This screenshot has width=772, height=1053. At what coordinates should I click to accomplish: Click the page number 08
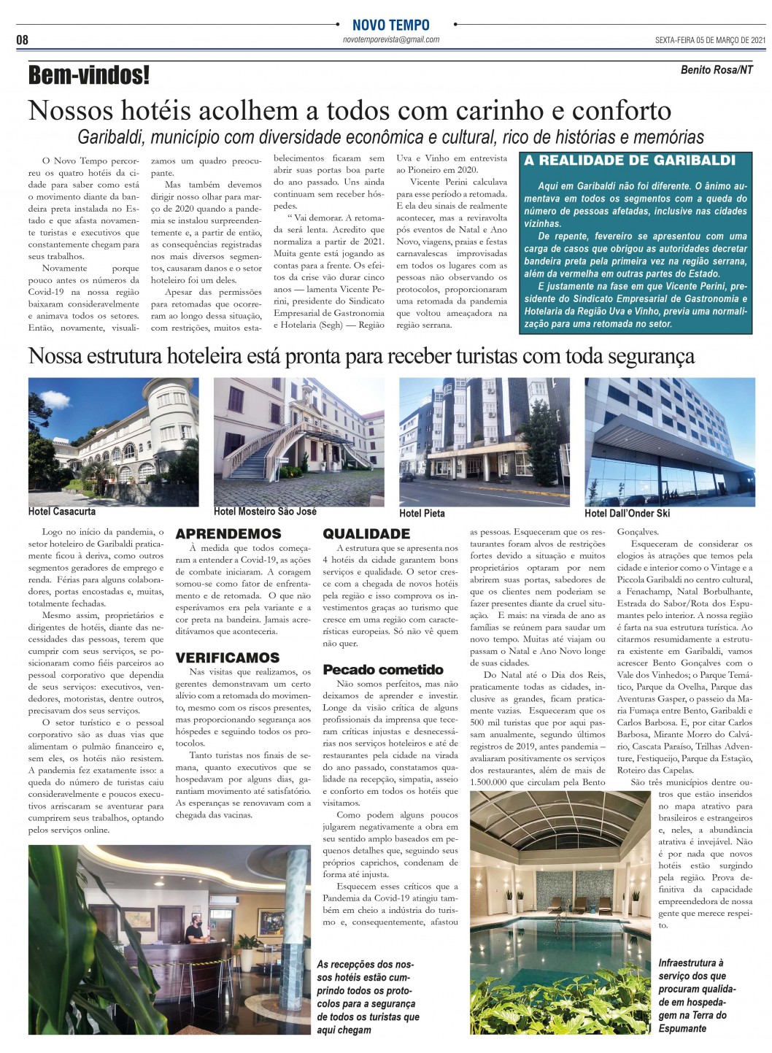tap(23, 39)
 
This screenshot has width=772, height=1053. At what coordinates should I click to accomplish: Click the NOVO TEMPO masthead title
tap(390, 25)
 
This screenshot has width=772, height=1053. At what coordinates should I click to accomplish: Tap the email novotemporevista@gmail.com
tap(390, 40)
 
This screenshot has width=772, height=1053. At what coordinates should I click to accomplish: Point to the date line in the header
tap(709, 40)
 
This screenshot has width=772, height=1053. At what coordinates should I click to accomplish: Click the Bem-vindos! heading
tap(89, 74)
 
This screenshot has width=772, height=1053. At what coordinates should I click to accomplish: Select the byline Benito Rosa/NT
tap(717, 70)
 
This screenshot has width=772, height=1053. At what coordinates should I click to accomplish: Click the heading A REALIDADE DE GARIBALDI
tap(630, 161)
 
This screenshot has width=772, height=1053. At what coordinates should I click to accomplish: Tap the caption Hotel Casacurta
tap(62, 512)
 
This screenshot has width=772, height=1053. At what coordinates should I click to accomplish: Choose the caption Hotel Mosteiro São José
tap(265, 512)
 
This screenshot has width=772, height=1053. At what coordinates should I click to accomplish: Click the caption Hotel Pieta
tap(422, 513)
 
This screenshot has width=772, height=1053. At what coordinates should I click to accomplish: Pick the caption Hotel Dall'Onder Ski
tap(627, 513)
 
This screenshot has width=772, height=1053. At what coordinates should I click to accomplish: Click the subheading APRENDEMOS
tap(228, 534)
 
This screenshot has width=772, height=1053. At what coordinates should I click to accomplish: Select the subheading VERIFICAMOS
tap(228, 657)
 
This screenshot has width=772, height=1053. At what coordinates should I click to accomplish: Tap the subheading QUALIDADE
tap(366, 534)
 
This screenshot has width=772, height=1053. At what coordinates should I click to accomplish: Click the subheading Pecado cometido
tap(383, 669)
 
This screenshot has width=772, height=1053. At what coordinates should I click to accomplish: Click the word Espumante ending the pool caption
tap(682, 1028)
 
